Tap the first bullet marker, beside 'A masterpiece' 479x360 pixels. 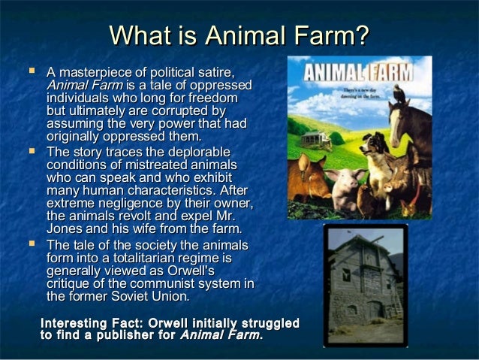click(32, 72)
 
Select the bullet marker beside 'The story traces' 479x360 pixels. click(32, 152)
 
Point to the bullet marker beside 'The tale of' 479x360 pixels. click(32, 245)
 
